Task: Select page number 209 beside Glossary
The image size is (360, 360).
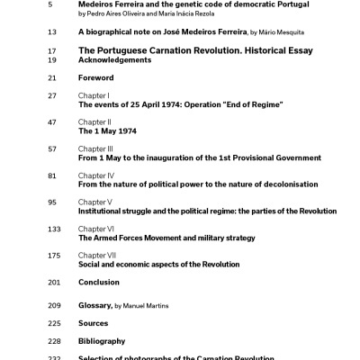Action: (x=54, y=306)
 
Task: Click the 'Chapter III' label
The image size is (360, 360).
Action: (x=94, y=148)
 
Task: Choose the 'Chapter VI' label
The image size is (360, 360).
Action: (x=94, y=229)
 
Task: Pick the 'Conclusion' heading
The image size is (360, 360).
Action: (x=99, y=283)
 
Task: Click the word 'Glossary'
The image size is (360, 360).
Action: (x=94, y=306)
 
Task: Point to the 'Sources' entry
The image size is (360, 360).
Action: (x=93, y=323)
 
